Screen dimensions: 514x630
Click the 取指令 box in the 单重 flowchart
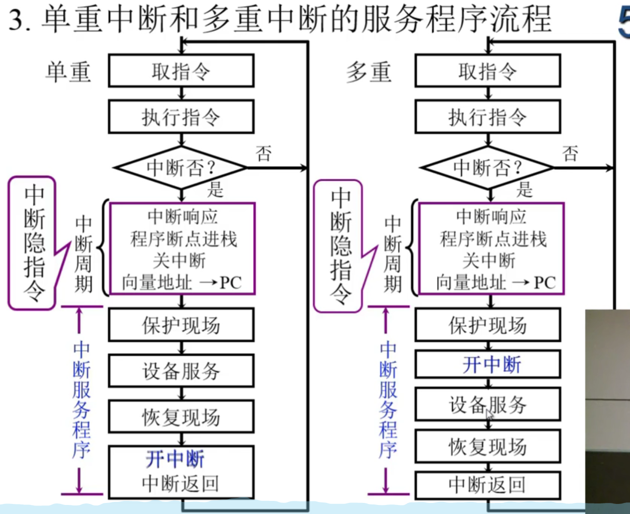tap(181, 71)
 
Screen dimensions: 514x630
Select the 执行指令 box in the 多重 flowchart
tap(487, 117)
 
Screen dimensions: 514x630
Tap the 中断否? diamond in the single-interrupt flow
tap(181, 167)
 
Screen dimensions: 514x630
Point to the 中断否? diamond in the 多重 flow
tap(487, 167)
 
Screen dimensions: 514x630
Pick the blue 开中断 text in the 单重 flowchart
tap(175, 459)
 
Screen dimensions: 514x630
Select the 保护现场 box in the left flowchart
tap(181, 325)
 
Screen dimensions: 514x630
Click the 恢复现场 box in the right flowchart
tap(487, 446)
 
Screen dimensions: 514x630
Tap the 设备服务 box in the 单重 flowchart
tap(181, 371)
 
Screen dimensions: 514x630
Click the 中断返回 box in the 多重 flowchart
tap(487, 485)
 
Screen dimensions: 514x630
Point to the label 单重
tap(68, 72)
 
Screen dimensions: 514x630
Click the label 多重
tap(369, 72)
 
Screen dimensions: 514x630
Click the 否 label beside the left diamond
tap(263, 153)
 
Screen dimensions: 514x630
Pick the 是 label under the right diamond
tap(524, 190)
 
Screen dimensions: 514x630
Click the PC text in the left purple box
tap(231, 283)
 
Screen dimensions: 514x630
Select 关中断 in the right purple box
tap(489, 261)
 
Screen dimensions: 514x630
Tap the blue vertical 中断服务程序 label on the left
tap(81, 400)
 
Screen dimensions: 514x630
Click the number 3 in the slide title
tap(17, 21)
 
